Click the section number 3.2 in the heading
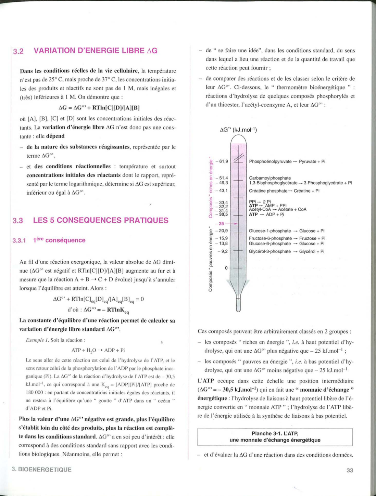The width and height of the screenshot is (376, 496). point(18,51)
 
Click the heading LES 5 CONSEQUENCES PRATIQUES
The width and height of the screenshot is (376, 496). point(101,220)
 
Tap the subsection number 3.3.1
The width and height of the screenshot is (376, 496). point(19,240)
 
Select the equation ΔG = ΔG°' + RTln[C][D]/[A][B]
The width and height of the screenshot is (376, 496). point(99,108)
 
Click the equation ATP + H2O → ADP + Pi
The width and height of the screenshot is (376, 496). point(98,350)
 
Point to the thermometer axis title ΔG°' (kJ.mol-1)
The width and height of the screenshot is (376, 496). point(238,130)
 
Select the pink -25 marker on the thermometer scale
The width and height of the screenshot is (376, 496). point(222,224)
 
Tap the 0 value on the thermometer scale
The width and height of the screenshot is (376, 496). point(226,268)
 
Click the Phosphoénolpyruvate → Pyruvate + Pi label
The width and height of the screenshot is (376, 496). point(287,161)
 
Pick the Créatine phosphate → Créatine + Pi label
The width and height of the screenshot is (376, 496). point(284,191)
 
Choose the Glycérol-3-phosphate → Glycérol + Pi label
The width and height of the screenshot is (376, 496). point(286,251)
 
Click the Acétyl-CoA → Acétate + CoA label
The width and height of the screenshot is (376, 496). point(277,210)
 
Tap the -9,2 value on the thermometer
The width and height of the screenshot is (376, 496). point(224,251)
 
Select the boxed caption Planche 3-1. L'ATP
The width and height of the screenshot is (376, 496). point(275,437)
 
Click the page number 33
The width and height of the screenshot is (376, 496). point(350,470)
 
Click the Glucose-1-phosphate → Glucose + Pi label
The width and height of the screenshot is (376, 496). point(286,231)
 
